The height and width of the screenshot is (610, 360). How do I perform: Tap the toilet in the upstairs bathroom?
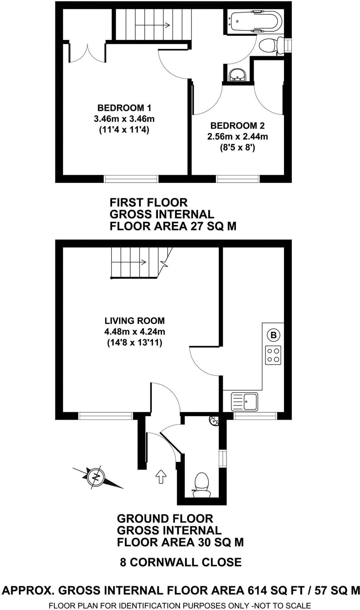pos(270,46)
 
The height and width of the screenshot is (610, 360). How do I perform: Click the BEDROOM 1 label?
pos(124,108)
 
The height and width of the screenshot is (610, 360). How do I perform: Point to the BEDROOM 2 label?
pos(238,126)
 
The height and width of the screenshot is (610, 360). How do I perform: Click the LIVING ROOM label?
pos(135,321)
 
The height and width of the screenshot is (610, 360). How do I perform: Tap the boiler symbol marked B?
pos(273,335)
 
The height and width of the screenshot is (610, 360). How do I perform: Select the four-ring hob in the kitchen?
pos(273,355)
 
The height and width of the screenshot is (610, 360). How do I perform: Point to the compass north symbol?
pos(96,477)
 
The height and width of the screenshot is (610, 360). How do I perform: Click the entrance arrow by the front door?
pos(161,477)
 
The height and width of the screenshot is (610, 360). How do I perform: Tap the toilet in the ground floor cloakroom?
pos(201,484)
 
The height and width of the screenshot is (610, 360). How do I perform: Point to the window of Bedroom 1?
pos(131,179)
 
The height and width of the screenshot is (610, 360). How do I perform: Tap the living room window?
pos(105,416)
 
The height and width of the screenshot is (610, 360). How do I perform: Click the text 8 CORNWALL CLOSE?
pos(181,562)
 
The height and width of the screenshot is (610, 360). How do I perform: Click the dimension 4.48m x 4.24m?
pos(135,332)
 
